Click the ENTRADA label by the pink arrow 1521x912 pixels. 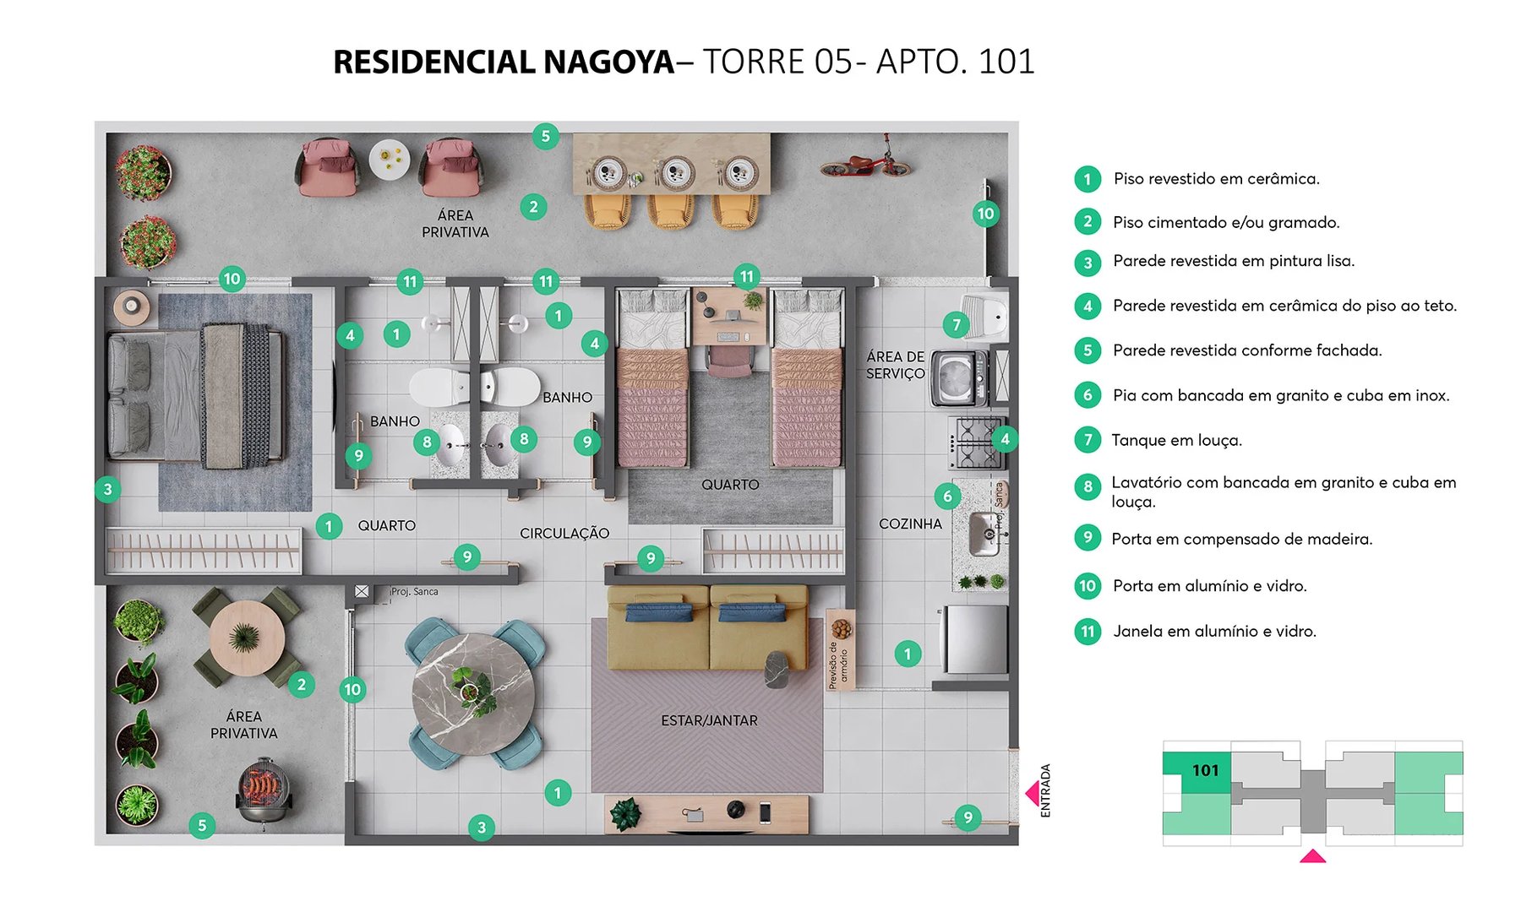1045,790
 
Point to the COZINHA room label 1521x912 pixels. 910,524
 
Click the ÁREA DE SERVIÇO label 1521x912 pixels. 895,365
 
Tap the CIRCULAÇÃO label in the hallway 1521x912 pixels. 564,533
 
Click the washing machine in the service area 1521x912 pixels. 958,377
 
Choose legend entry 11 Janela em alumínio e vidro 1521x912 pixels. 1214,631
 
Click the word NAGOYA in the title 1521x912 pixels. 608,62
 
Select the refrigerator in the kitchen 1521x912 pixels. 975,639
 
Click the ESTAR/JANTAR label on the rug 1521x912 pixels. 709,720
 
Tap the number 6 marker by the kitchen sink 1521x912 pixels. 947,496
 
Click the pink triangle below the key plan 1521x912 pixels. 1311,856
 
